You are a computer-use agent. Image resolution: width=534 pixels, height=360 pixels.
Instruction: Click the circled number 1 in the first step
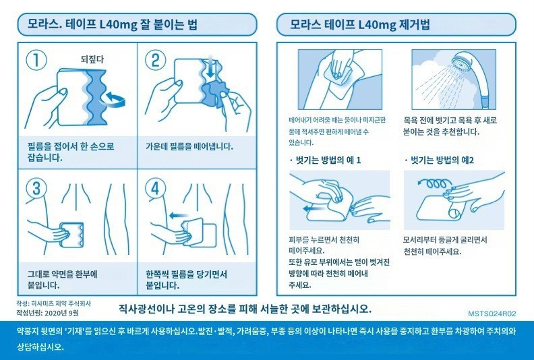tap(36, 60)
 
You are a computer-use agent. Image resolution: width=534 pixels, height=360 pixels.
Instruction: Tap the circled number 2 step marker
tap(155, 60)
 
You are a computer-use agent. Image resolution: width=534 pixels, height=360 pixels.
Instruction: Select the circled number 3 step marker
tap(36, 188)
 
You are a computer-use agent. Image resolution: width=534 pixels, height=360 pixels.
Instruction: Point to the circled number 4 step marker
tap(155, 188)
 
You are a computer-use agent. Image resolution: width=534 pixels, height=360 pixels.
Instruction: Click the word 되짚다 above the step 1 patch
tap(92, 59)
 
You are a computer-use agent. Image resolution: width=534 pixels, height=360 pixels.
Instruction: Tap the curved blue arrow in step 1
tap(115, 99)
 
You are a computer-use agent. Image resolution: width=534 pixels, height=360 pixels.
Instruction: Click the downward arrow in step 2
tap(211, 66)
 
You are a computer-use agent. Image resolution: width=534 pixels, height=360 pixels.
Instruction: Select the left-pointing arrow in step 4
tap(179, 215)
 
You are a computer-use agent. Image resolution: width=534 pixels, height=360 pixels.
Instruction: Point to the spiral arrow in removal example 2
tap(432, 184)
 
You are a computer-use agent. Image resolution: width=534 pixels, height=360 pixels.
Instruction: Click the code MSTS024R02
tap(492, 313)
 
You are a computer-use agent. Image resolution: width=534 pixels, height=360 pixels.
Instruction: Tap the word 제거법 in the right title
tap(413, 24)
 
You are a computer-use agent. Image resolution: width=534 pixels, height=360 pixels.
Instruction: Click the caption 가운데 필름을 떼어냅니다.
tap(189, 147)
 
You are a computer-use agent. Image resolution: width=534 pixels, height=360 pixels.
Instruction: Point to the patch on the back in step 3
tap(71, 235)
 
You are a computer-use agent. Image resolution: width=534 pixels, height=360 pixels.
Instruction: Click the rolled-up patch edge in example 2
tap(454, 213)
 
